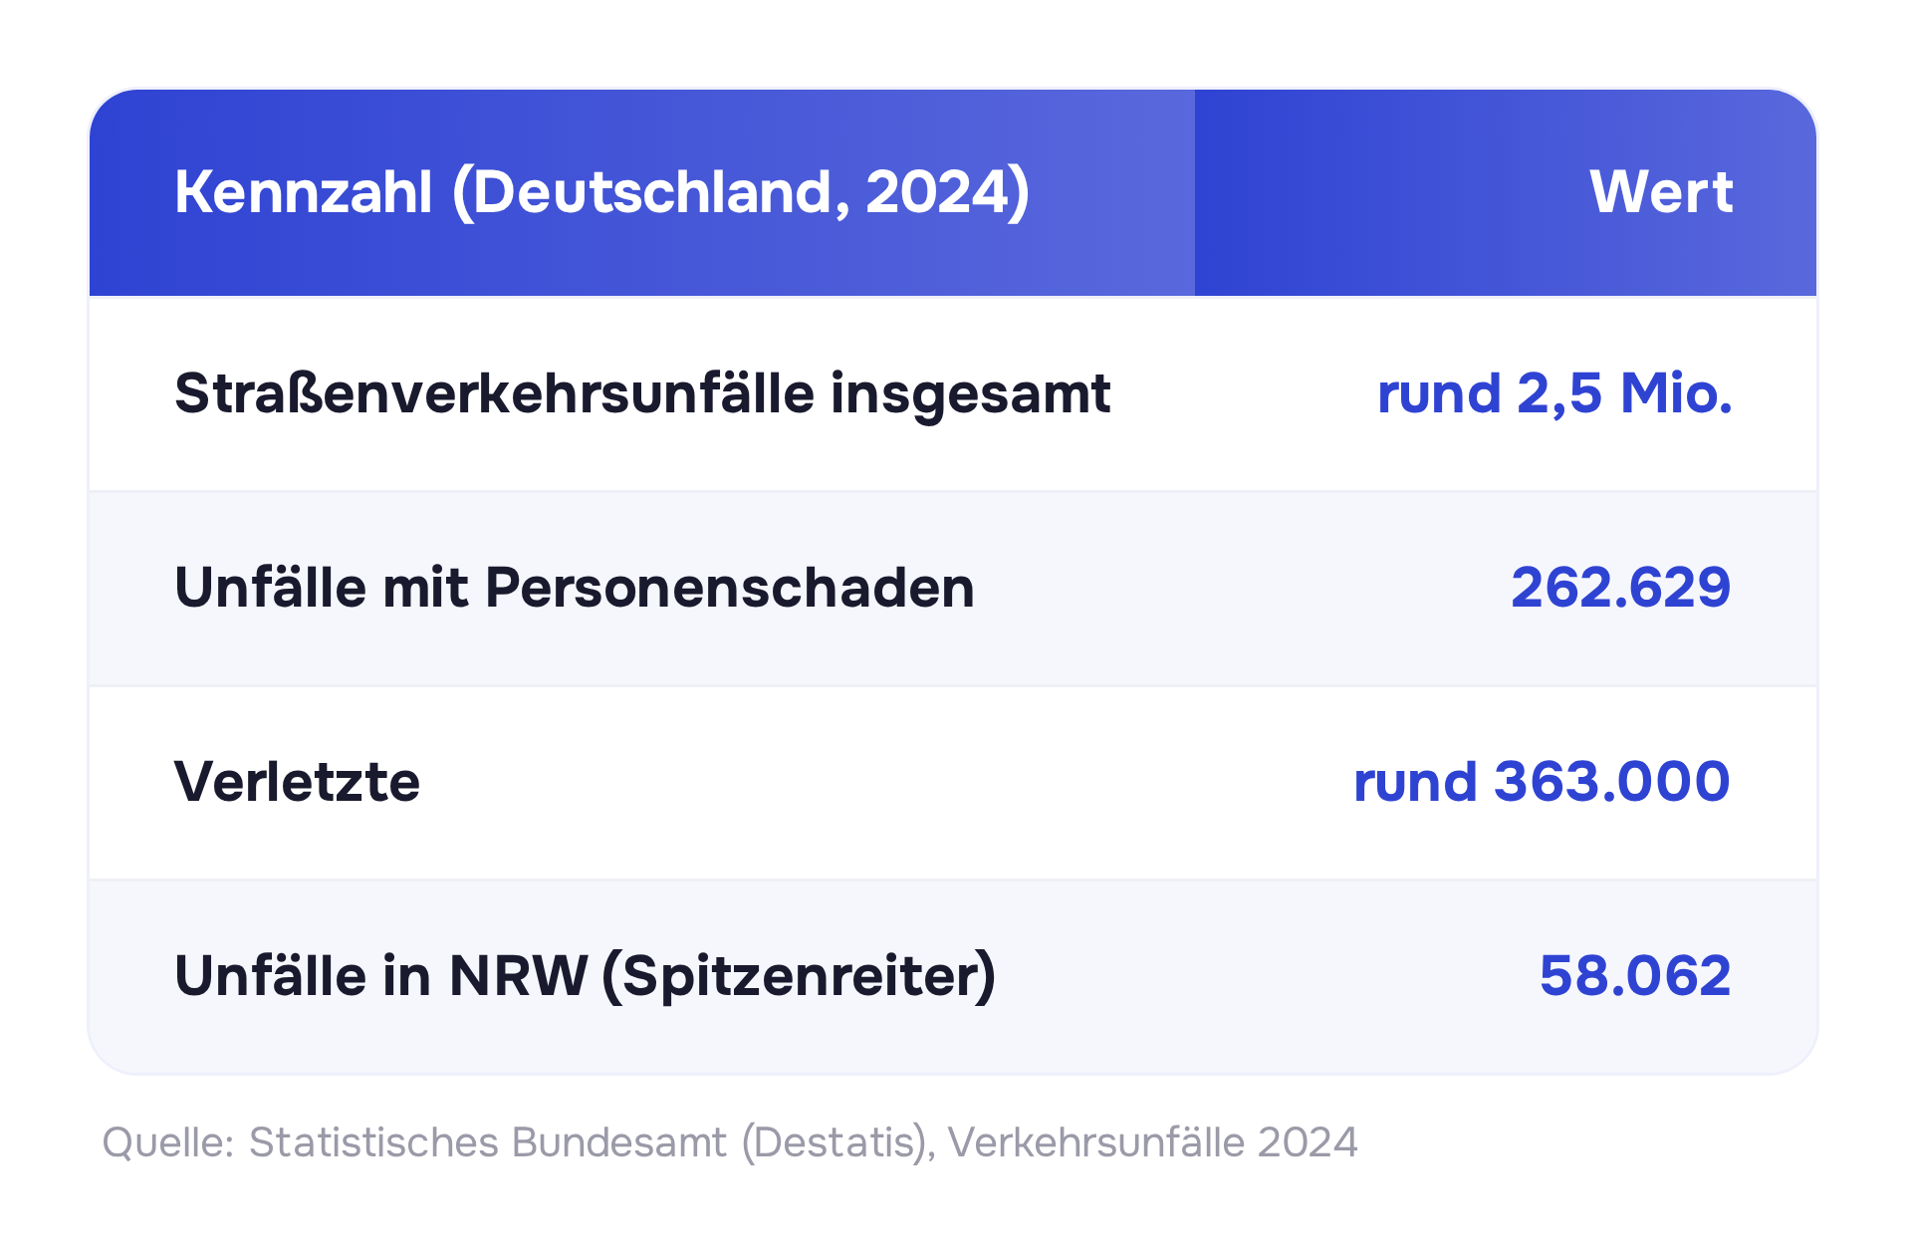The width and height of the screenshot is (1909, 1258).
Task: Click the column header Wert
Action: (x=1660, y=191)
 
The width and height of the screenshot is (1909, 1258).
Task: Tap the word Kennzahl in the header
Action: (x=304, y=191)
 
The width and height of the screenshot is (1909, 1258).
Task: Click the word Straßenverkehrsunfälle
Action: (x=495, y=392)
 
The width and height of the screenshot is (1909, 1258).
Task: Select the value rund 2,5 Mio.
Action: (x=1554, y=394)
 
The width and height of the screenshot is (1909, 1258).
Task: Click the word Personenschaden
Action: (x=730, y=587)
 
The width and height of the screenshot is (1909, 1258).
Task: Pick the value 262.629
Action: (x=1621, y=587)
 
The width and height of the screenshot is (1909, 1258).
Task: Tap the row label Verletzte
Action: (x=298, y=781)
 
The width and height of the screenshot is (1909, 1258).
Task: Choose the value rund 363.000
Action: (x=1543, y=781)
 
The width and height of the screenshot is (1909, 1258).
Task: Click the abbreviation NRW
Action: (x=519, y=976)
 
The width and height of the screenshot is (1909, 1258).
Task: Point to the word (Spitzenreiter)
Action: (x=799, y=977)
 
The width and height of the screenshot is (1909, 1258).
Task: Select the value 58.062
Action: (x=1635, y=975)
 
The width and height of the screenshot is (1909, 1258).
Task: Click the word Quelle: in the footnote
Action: (x=168, y=1142)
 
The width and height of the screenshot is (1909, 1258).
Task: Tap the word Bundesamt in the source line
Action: (x=618, y=1142)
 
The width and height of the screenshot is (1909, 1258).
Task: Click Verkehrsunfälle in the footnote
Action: (x=1096, y=1142)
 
